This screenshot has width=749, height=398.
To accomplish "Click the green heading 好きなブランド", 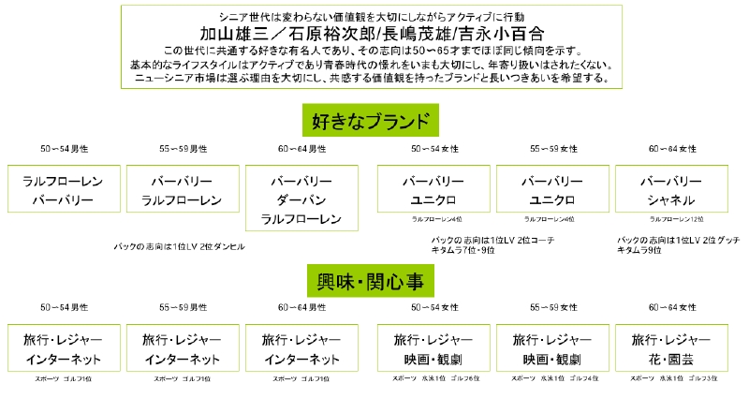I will click(372, 121).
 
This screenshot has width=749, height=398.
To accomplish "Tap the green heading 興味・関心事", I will click(372, 278).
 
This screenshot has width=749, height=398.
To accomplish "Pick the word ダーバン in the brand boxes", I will click(301, 200).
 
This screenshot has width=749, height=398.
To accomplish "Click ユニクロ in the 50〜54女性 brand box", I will click(433, 200).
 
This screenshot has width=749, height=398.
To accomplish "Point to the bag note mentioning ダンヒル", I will click(179, 246).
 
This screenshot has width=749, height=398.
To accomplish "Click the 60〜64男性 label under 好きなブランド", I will click(301, 149).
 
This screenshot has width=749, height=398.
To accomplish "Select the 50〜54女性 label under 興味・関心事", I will click(433, 306).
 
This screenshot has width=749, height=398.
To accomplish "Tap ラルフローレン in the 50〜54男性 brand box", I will click(63, 181).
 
